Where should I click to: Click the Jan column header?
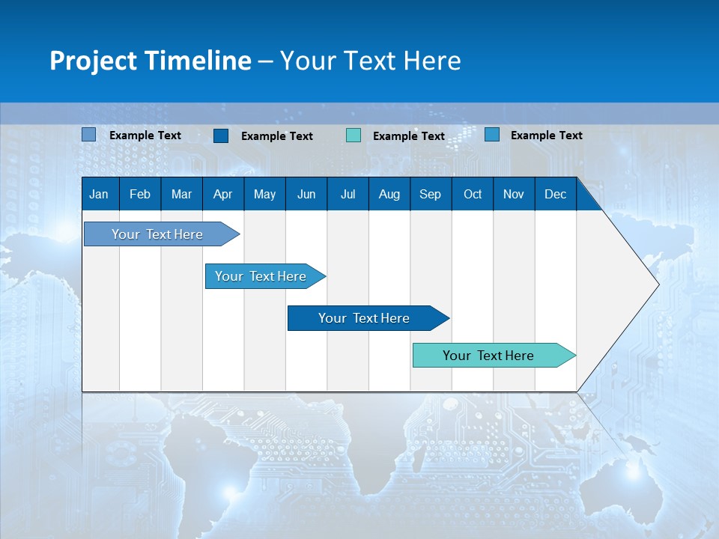tap(99, 194)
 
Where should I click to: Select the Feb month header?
tap(140, 194)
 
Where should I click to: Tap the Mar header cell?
tap(181, 194)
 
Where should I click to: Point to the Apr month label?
tap(222, 194)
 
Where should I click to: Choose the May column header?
tap(264, 194)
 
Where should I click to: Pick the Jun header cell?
tap(306, 194)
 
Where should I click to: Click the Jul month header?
tap(348, 194)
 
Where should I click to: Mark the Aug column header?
tap(389, 194)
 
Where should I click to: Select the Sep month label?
tap(431, 194)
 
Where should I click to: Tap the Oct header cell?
tap(473, 194)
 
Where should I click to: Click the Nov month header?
tap(514, 194)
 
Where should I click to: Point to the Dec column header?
tap(556, 194)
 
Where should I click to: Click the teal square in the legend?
tap(354, 135)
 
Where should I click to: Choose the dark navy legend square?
tap(221, 135)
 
